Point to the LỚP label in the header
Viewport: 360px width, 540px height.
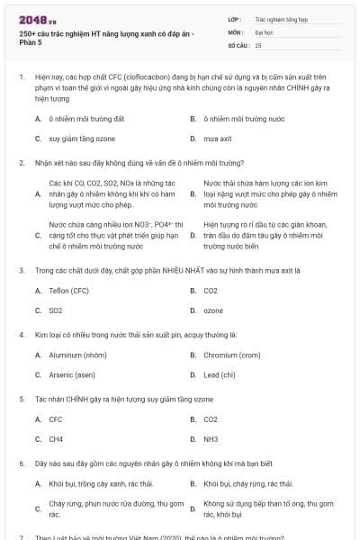235,18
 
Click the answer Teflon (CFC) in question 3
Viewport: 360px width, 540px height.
68,291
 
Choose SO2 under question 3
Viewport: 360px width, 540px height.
56,310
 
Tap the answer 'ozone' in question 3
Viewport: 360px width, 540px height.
213,310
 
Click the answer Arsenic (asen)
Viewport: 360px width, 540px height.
72,374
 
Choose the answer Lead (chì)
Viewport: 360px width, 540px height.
220,374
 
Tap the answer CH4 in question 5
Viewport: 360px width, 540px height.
56,439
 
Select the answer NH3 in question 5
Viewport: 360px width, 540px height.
211,439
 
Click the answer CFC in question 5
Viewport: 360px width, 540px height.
56,419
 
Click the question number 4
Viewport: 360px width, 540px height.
21,334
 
